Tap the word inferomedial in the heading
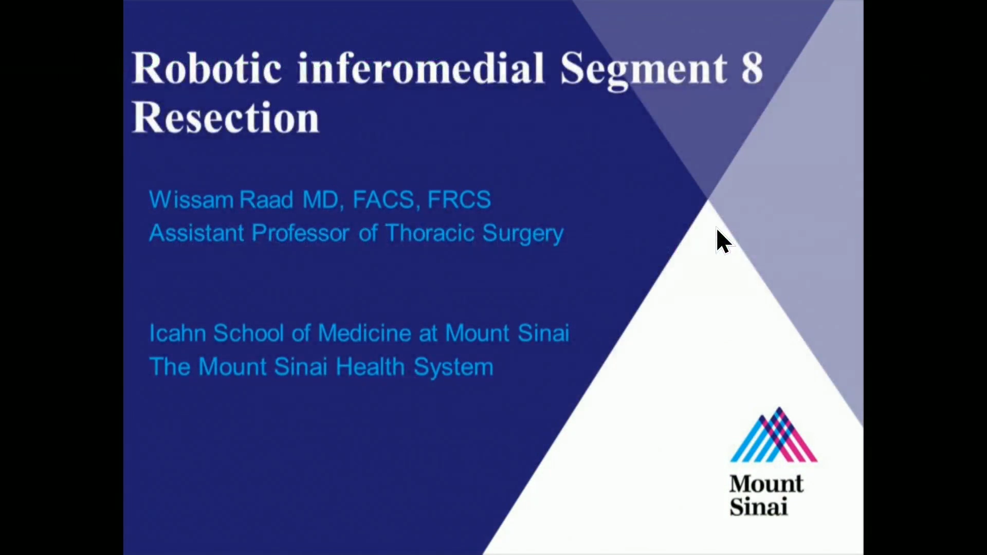(421, 68)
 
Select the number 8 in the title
(752, 68)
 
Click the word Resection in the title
(226, 118)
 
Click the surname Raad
(266, 199)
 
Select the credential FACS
(383, 199)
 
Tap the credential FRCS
(459, 199)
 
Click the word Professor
(301, 233)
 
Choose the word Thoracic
(430, 233)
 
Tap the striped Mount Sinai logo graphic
(773, 435)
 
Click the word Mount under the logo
(765, 484)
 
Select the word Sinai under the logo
(758, 507)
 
